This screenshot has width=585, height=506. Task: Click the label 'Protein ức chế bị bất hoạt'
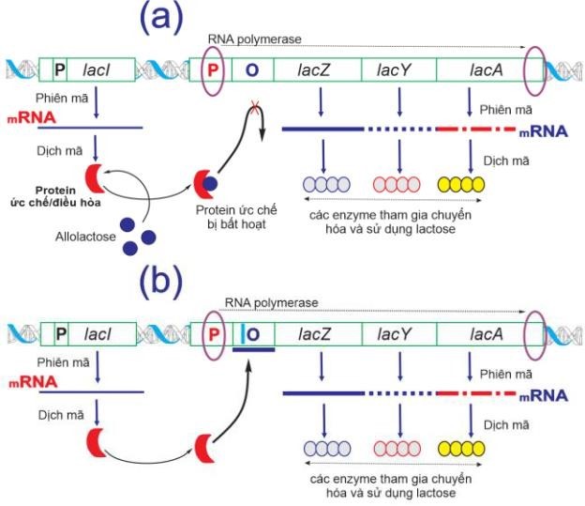click(x=229, y=214)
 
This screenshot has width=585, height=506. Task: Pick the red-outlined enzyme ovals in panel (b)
click(x=397, y=447)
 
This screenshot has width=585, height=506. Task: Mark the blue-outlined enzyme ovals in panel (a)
click(x=324, y=184)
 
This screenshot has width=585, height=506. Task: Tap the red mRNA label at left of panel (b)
click(x=30, y=383)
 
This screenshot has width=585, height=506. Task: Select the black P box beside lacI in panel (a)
click(x=59, y=69)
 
